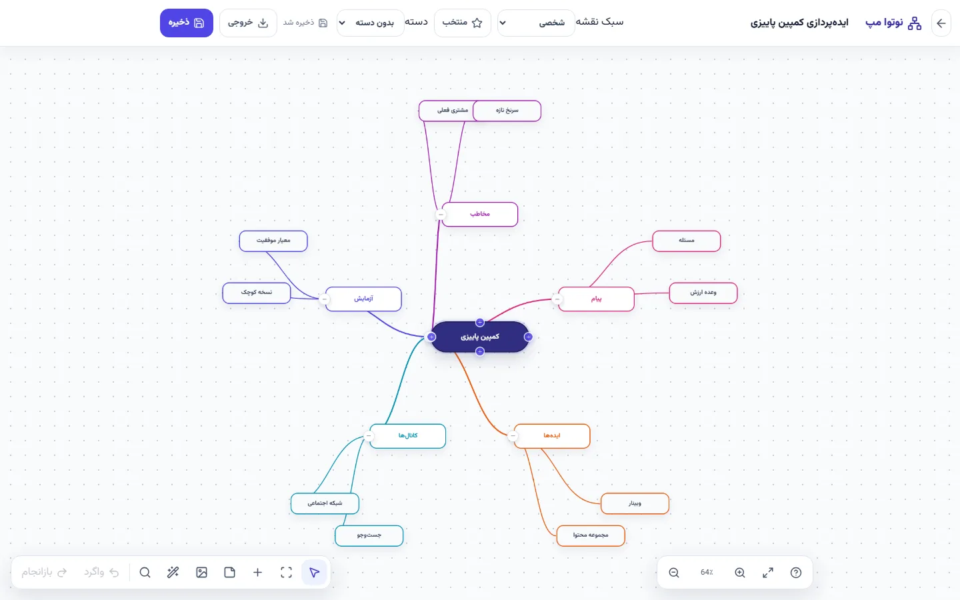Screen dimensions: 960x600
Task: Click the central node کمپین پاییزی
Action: coord(479,337)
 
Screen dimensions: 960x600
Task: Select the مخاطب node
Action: coord(479,214)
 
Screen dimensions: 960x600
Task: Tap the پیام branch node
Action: coord(596,299)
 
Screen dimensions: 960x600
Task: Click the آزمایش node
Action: coord(363,299)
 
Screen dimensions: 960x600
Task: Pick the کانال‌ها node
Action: coord(407,436)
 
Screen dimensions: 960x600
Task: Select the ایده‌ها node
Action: coord(551,436)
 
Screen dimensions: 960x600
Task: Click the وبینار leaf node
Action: coord(635,503)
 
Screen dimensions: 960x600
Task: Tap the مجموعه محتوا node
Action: coord(591,535)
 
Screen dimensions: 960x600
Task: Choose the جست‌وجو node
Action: coord(369,535)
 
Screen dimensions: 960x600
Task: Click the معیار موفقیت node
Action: coord(273,241)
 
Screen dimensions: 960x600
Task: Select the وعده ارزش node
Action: coord(703,293)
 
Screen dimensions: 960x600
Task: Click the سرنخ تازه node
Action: coord(507,111)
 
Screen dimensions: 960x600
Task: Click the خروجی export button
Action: coord(248,23)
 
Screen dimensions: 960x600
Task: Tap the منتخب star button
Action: coord(463,23)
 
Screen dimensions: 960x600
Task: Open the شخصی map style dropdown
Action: coord(536,23)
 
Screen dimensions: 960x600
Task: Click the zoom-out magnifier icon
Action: coord(674,573)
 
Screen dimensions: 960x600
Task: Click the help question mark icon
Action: coord(796,573)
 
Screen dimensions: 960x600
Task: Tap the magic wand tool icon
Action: coord(173,573)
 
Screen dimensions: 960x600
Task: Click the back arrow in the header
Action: coord(941,23)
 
